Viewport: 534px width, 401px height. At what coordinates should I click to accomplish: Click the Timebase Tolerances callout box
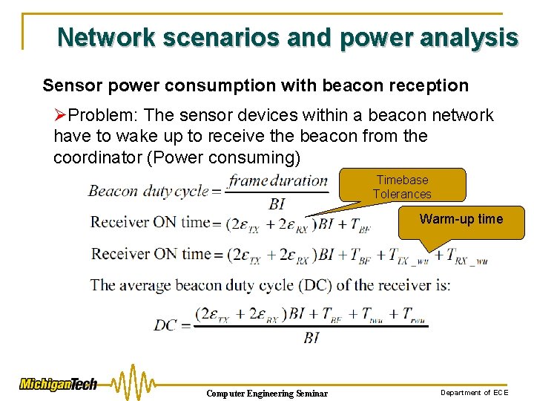(402, 186)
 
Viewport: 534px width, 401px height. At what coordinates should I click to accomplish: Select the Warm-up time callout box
(461, 219)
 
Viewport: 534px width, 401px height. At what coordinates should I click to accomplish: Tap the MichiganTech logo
(58, 384)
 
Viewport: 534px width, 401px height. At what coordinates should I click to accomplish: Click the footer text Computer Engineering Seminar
(266, 393)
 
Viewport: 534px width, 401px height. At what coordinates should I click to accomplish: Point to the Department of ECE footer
(475, 392)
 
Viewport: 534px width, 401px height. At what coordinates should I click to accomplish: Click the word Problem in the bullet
(105, 115)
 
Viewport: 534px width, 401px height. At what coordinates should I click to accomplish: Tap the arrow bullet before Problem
(61, 115)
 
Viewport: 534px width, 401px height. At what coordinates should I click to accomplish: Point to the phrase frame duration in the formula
(278, 180)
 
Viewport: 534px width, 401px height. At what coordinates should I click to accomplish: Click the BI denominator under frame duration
(277, 203)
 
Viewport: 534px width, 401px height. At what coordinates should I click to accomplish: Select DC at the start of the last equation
(166, 325)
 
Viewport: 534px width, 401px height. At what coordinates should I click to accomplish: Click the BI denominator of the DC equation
(311, 337)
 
